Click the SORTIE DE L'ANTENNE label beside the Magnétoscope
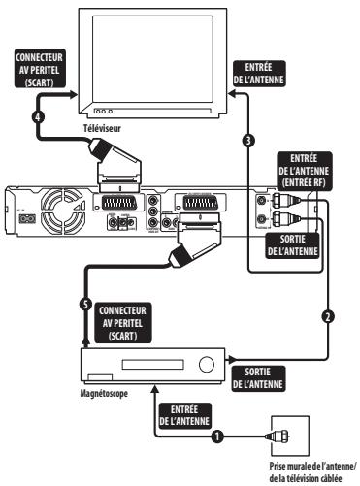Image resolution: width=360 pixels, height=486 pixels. tap(268, 378)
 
